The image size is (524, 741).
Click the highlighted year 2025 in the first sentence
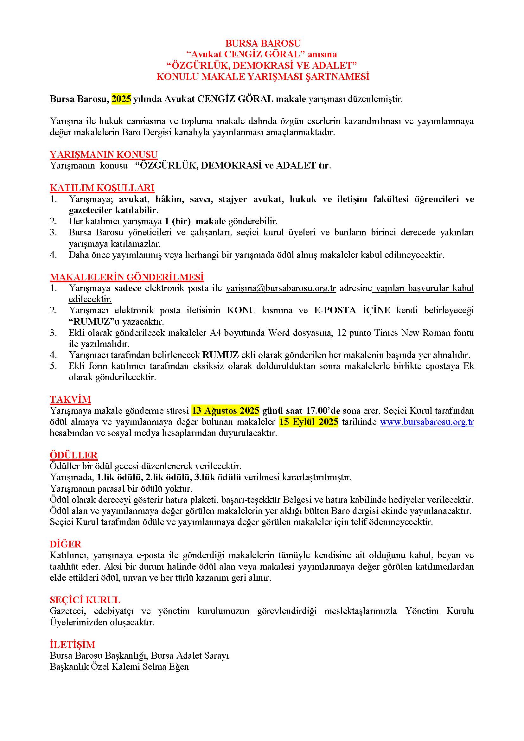[121, 99]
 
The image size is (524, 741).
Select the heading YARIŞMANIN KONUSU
[104, 154]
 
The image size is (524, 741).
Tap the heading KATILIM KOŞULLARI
[102, 188]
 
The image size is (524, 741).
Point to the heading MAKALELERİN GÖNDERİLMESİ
[127, 277]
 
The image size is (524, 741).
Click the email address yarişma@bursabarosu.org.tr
[281, 288]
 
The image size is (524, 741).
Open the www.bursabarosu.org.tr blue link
[427, 422]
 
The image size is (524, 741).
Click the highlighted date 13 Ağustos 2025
[226, 411]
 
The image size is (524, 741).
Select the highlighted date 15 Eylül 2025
[309, 422]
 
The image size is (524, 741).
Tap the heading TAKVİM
[70, 399]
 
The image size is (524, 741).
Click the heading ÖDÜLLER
[73, 455]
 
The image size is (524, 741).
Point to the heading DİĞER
[66, 544]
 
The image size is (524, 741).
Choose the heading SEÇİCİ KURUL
[85, 600]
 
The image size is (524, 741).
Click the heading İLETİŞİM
[72, 644]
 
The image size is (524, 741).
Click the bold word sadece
[128, 288]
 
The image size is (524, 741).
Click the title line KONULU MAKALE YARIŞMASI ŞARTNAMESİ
[263, 77]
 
